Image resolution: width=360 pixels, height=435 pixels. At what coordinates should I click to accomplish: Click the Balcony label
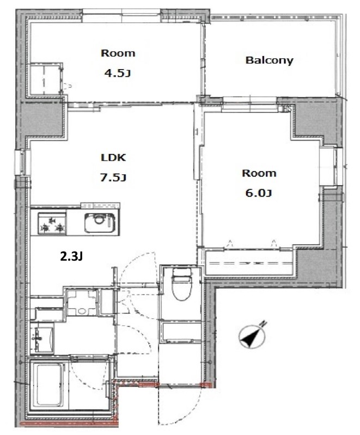[x=269, y=60]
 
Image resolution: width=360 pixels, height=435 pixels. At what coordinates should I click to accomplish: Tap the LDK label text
[x=113, y=157]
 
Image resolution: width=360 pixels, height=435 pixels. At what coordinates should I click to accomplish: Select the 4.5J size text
[x=118, y=73]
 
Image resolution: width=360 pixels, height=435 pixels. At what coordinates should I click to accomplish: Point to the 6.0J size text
[x=258, y=193]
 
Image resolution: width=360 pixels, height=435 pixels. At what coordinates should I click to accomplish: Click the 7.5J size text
[x=113, y=177]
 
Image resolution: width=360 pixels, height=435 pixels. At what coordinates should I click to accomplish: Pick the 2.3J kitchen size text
[x=71, y=257]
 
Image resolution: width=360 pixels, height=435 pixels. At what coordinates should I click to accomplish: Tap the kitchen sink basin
[x=100, y=223]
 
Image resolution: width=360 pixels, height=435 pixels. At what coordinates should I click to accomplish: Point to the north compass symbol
[x=253, y=335]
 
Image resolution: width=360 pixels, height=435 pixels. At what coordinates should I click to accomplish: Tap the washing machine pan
[x=82, y=302]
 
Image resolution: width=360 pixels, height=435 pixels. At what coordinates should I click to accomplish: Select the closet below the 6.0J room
[x=249, y=262]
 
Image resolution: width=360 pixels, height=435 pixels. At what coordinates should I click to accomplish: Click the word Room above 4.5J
[x=118, y=53]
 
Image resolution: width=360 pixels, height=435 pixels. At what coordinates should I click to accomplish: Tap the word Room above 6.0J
[x=259, y=173]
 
